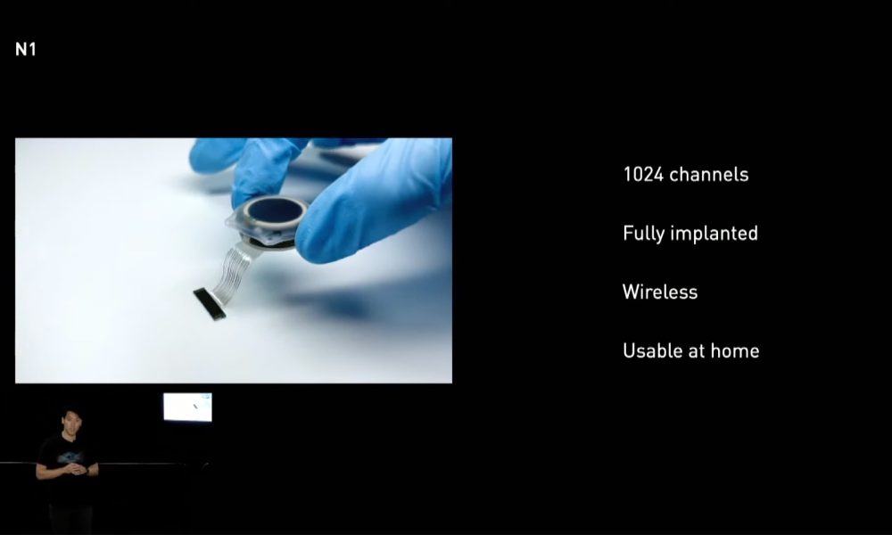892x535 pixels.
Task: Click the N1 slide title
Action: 26,49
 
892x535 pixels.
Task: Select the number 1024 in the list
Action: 643,175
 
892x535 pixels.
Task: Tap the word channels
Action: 709,175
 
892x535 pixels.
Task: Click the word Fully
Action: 640,234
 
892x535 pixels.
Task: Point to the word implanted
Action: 710,234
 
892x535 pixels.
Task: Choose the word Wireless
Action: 660,292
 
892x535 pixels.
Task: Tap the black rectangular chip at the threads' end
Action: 209,303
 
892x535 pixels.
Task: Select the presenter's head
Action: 71,421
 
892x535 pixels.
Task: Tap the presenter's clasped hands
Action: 76,469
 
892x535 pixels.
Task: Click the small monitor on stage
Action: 187,407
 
